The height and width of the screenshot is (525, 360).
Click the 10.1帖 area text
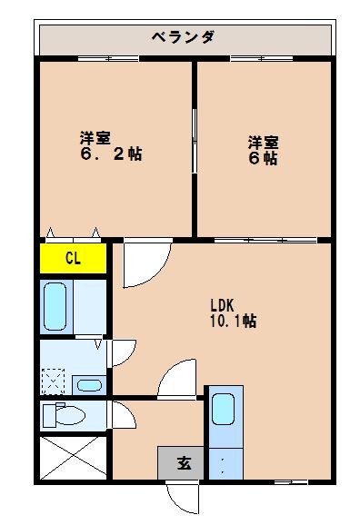click(233, 321)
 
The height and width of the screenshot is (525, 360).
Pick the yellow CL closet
click(73, 258)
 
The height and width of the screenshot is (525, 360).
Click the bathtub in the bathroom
click(56, 306)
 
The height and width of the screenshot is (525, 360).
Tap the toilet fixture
click(64, 415)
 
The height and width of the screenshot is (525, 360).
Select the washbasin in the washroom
click(88, 384)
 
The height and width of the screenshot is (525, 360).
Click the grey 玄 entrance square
click(183, 463)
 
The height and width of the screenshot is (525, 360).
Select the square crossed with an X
click(73, 459)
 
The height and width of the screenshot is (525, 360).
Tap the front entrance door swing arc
click(181, 498)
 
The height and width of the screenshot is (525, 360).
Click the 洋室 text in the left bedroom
click(95, 138)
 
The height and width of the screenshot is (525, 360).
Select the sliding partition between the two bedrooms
click(195, 136)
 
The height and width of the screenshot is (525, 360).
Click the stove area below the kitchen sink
click(224, 462)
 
